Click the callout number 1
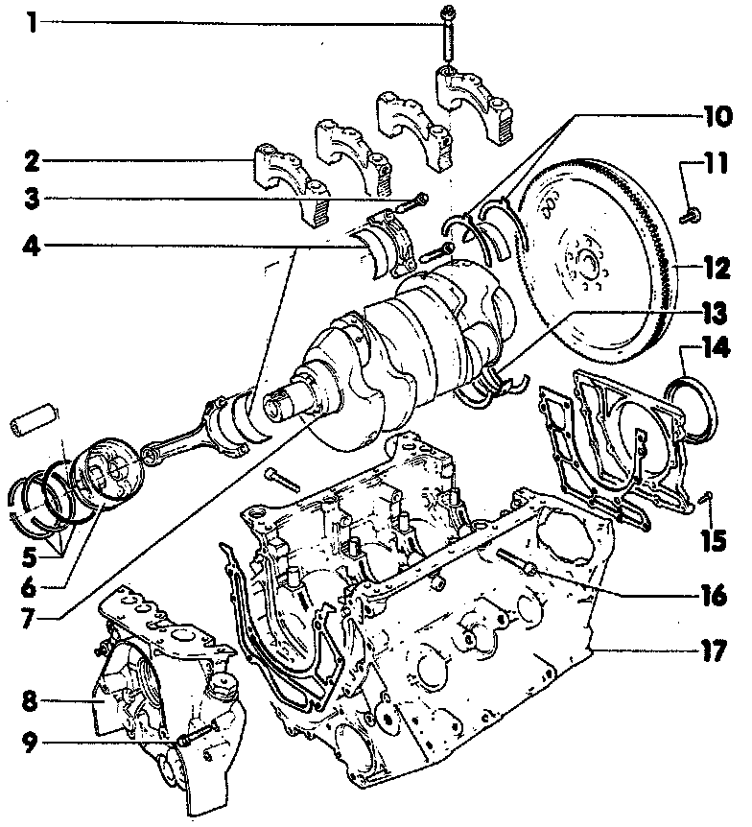click(x=32, y=21)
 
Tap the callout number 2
click(x=32, y=160)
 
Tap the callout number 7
click(x=32, y=613)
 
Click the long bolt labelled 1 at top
click(x=449, y=38)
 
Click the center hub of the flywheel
click(x=587, y=261)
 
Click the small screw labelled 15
click(x=706, y=498)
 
